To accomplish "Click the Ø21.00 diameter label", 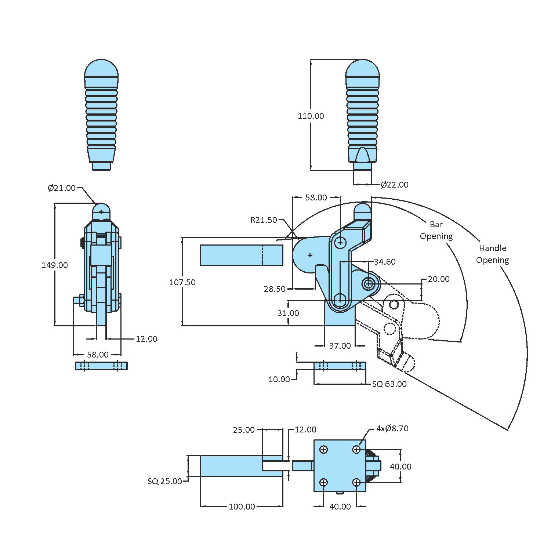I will [62, 188].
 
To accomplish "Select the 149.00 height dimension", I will [55, 265].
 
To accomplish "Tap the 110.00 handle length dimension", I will [311, 116].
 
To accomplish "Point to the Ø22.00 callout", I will [394, 185].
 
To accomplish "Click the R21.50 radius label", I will [264, 220].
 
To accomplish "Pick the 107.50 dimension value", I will [182, 282].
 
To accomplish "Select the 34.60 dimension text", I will [385, 262].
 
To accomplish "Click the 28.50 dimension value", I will [275, 289].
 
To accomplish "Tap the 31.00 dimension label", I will [288, 313].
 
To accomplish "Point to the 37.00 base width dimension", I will [340, 346].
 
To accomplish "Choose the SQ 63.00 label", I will [389, 384].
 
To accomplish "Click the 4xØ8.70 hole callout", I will [392, 428].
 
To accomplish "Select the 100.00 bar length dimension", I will [242, 507].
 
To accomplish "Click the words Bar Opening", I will [436, 230].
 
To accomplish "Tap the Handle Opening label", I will [492, 254].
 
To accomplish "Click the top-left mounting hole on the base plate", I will [324, 450].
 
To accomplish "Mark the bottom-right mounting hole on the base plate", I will [356, 482].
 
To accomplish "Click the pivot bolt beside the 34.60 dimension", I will [368, 283].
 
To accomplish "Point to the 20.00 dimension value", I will [439, 279].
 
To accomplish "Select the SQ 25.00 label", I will [165, 481].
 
